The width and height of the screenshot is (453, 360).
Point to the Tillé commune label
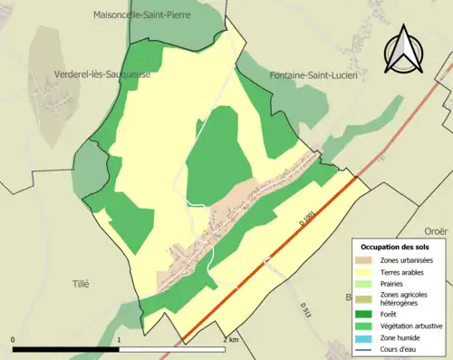tap(81, 284)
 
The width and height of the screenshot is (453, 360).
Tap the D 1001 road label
tap(308, 218)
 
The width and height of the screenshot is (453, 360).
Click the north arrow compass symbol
tap(406, 50)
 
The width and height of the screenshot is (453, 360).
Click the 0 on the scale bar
tap(14, 339)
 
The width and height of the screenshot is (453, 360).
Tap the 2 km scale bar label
tap(230, 339)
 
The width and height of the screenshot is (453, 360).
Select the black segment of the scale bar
tap(66, 349)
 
